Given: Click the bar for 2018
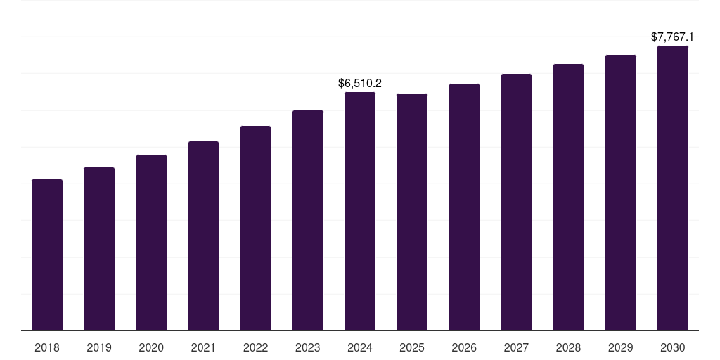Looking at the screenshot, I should pos(47,255).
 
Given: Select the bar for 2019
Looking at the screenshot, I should pos(99,249).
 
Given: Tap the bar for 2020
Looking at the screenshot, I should pos(151,243).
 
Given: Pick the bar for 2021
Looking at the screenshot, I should pos(203,236).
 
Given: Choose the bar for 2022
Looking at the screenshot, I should pos(255,228).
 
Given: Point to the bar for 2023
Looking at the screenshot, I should pos(308,220).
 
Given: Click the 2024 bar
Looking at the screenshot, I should pos(360,211).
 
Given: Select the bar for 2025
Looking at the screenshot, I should pos(412,212).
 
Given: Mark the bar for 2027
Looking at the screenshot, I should pos(516,202).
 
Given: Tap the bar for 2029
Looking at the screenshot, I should pos(621,193).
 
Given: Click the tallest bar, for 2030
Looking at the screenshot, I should pos(673,188).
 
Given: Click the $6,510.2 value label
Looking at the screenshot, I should pos(360,83).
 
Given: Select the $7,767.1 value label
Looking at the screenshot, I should pos(673,37).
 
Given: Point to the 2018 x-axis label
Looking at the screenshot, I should pos(47,347).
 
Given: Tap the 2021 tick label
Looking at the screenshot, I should pos(203,347).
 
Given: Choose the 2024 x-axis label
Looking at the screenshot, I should pos(360,347).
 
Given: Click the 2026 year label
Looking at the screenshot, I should pos(464,347).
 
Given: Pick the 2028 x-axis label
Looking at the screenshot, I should pos(568,347).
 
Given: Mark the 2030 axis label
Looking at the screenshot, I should pos(673,347).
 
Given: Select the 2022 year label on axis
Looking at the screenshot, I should pos(255,347).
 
